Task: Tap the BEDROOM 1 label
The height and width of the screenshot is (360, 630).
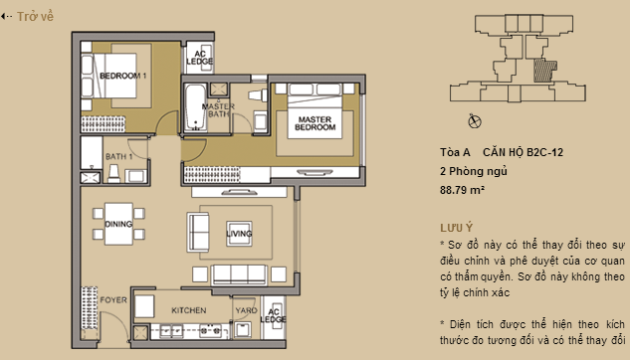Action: (123, 76)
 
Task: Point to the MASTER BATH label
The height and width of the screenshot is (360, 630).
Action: (217, 110)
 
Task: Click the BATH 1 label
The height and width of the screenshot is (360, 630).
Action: (119, 157)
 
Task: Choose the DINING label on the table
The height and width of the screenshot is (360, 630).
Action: (118, 224)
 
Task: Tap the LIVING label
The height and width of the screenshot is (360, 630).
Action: (239, 234)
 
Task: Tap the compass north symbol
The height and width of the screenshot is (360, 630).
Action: (474, 120)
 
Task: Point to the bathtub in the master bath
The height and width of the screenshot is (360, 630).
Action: (193, 110)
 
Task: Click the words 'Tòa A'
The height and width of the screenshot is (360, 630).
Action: (454, 152)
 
